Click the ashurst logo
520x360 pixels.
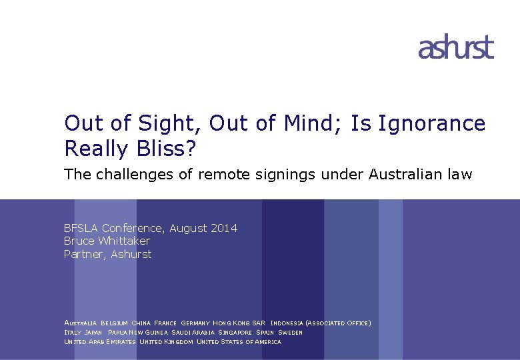coord(456,48)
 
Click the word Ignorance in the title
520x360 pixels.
coord(432,123)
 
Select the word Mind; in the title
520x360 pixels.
coord(319,123)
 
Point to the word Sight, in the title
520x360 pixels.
coord(169,123)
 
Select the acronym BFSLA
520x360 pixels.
coord(81,229)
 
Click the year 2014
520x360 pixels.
coord(223,229)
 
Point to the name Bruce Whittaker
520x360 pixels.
coord(107,241)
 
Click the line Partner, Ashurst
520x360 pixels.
coord(107,254)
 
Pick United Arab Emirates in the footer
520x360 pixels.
coord(100,341)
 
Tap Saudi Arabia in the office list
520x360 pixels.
coord(193,332)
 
